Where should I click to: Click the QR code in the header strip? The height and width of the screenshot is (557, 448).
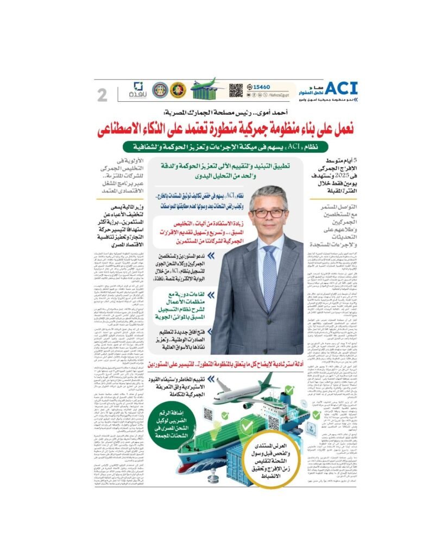(x=236, y=90)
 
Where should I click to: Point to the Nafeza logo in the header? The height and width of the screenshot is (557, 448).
(x=138, y=90)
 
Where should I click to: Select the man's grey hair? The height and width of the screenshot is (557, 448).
(x=270, y=193)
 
